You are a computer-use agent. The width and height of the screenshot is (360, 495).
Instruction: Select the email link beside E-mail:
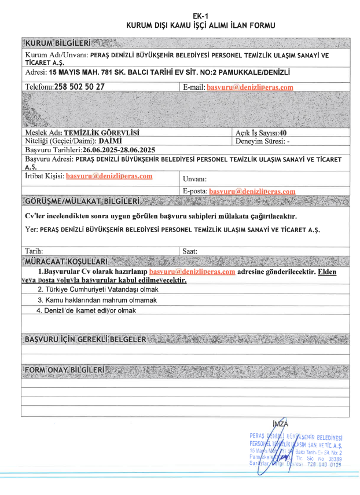click(x=250, y=87)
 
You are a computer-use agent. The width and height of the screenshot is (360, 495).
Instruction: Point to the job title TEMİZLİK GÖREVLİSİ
click(x=101, y=133)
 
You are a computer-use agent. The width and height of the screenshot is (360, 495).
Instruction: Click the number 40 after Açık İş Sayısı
click(x=283, y=133)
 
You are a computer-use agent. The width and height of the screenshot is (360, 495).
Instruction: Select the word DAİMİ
click(x=110, y=141)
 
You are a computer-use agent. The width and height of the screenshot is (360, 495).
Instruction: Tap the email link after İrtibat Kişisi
click(x=109, y=176)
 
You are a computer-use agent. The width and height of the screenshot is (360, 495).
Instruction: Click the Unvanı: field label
click(x=194, y=179)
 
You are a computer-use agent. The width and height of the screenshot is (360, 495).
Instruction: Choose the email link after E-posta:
click(x=252, y=191)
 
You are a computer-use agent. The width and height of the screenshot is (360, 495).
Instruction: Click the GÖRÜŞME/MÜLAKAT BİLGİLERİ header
click(x=82, y=201)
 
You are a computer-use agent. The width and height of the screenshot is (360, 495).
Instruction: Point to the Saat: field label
click(x=190, y=251)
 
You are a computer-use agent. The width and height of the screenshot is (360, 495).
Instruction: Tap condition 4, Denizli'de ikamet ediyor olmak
click(x=86, y=311)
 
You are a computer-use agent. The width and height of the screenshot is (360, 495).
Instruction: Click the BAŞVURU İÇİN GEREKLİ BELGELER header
click(x=85, y=339)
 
